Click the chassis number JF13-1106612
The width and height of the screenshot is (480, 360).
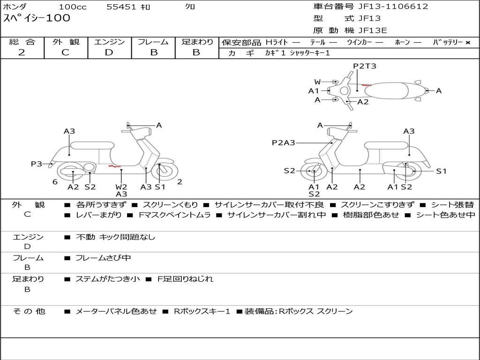click(386, 7)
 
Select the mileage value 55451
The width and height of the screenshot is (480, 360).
click(121, 7)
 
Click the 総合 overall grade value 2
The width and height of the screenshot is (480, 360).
click(22, 52)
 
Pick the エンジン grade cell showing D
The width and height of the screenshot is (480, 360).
click(109, 52)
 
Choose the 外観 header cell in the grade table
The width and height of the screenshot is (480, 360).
click(66, 42)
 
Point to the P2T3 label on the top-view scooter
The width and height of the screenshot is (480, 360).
click(365, 66)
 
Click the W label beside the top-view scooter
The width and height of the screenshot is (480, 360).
click(317, 82)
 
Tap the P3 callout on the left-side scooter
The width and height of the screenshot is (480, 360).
click(37, 164)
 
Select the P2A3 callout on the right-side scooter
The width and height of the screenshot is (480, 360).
click(283, 142)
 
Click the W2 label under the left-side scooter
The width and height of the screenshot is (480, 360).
click(121, 187)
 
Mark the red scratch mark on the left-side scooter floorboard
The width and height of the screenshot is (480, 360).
click(113, 166)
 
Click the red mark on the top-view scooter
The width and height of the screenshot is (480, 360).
click(366, 85)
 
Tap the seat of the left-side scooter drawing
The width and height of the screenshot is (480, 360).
click(92, 145)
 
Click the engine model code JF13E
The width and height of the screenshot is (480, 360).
click(372, 30)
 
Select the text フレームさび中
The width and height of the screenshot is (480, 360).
click(103, 258)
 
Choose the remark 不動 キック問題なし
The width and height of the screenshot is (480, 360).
click(115, 237)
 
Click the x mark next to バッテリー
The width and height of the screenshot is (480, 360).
click(467, 42)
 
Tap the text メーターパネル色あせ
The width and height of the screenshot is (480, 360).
click(116, 311)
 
